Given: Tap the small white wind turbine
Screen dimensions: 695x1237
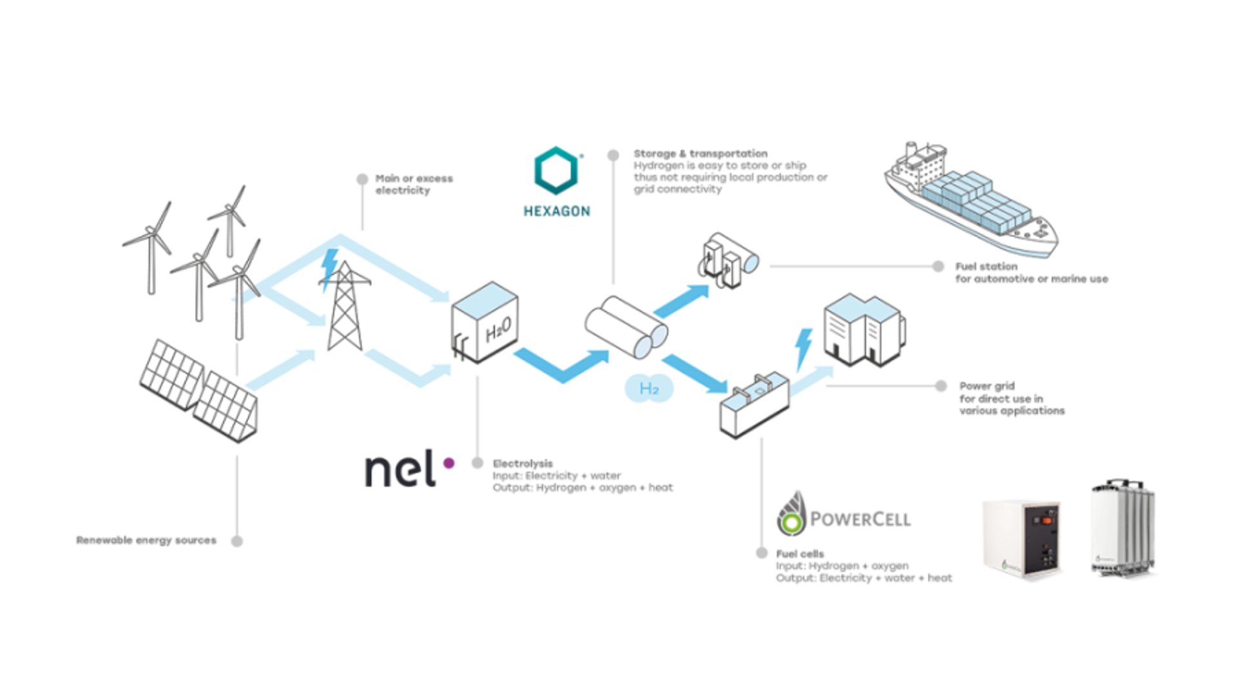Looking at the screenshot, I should [242, 303].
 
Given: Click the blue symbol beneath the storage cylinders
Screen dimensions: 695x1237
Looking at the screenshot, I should [649, 389].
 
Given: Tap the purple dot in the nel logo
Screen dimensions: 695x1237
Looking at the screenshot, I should [449, 463].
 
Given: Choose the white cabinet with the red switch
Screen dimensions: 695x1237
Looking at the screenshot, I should [1021, 534].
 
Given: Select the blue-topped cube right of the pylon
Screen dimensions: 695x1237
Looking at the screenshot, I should [484, 322].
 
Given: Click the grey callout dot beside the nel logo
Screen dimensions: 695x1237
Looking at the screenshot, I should [477, 463].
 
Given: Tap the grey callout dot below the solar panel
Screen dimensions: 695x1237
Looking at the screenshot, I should [238, 540].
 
